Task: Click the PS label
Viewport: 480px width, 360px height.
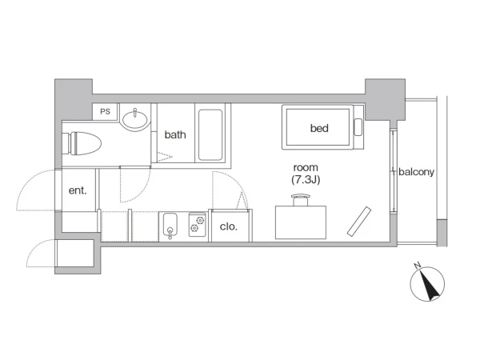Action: pyautogui.click(x=105, y=111)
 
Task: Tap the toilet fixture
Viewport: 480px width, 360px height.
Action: pyautogui.click(x=82, y=143)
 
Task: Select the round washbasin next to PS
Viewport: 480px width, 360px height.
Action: pyautogui.click(x=135, y=118)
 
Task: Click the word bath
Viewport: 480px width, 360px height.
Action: pyautogui.click(x=175, y=134)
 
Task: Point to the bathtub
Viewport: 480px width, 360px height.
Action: pyautogui.click(x=210, y=135)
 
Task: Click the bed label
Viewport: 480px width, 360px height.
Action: pyautogui.click(x=319, y=128)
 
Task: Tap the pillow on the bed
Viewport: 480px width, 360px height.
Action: pyautogui.click(x=358, y=127)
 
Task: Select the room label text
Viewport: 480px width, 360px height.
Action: pyautogui.click(x=306, y=168)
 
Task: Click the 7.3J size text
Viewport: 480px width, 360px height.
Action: pyautogui.click(x=306, y=179)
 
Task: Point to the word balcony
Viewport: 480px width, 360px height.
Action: pyautogui.click(x=416, y=172)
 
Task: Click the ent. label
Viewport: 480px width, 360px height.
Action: pyautogui.click(x=78, y=190)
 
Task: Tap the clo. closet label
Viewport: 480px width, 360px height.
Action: pyautogui.click(x=229, y=226)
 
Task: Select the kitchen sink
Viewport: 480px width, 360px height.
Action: pyautogui.click(x=170, y=226)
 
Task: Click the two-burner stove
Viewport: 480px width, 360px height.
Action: pyautogui.click(x=197, y=225)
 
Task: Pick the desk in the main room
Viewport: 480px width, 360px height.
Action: pyautogui.click(x=301, y=222)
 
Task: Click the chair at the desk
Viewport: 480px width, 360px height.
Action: pyautogui.click(x=301, y=199)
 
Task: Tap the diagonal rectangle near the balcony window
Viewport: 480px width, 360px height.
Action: pyautogui.click(x=359, y=222)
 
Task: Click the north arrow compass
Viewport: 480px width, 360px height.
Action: pyautogui.click(x=427, y=283)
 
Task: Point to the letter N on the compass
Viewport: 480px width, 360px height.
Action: pyautogui.click(x=417, y=266)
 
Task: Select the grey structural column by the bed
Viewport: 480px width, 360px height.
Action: pyautogui.click(x=385, y=99)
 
